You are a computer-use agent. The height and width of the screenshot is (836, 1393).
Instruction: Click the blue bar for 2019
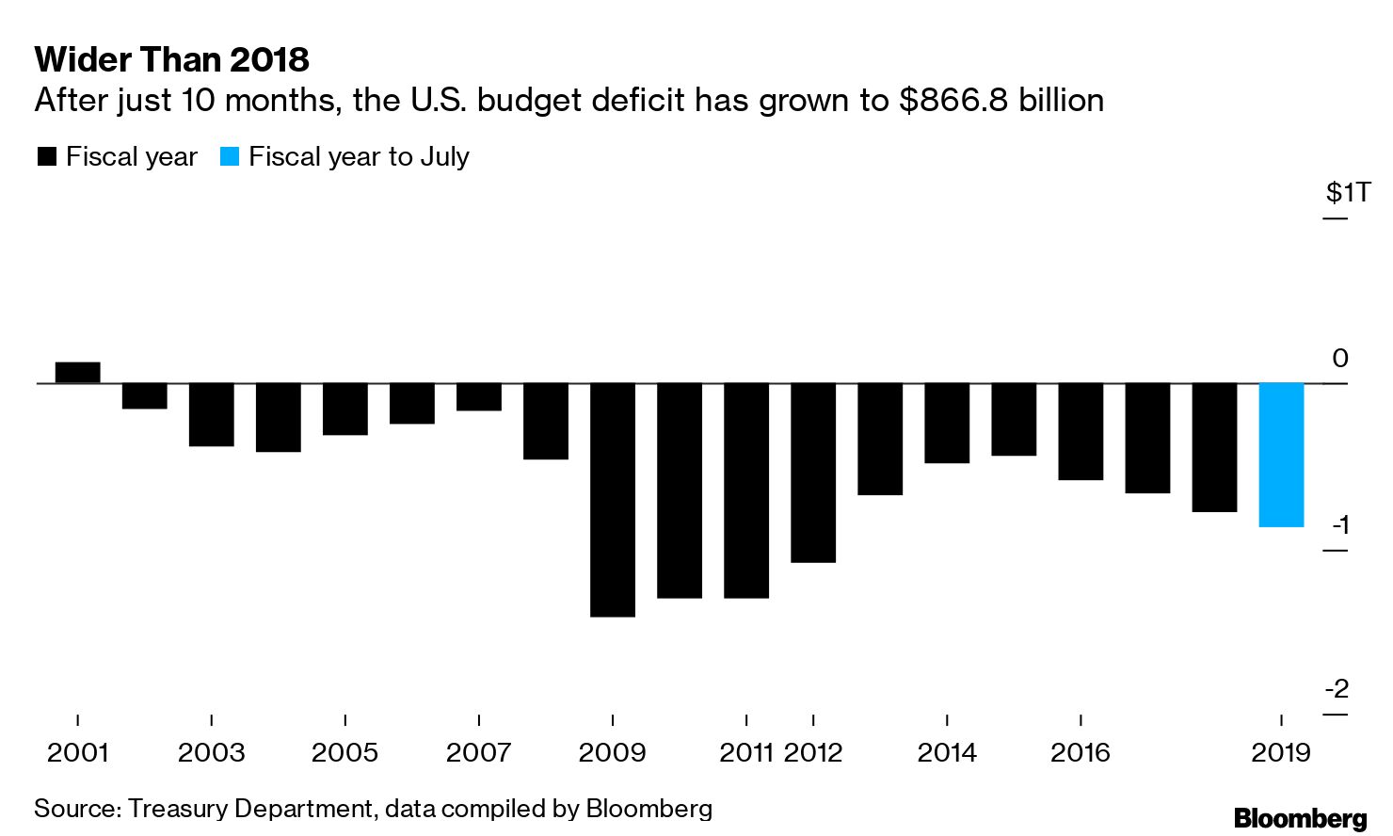1281,455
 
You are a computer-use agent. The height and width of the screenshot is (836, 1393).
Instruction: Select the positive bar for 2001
78,373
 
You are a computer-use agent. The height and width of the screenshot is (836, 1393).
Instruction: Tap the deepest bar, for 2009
613,500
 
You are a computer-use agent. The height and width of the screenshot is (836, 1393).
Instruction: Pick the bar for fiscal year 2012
813,473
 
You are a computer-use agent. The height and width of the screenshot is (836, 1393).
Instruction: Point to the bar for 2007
479,397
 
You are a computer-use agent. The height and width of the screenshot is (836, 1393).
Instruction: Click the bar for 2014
947,423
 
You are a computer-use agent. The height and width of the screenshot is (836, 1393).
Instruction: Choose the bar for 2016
1081,431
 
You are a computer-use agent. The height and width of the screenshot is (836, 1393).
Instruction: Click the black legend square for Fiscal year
47,157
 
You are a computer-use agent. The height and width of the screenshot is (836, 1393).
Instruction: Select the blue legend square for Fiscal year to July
230,157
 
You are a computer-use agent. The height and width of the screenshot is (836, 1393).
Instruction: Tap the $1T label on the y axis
1348,193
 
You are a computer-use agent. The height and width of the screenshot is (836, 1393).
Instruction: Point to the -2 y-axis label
1337,689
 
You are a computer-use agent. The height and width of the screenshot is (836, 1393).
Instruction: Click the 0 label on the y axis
1340,358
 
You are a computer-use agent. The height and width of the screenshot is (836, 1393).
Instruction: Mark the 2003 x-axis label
212,753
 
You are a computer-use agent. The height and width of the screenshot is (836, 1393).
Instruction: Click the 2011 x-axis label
746,753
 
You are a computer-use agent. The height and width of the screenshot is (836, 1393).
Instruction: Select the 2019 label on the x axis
1281,753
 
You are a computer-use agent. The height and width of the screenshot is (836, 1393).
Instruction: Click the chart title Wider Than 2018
172,60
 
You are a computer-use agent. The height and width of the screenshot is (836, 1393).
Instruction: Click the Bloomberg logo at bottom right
1300,817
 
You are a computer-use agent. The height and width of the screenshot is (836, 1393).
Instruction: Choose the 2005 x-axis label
345,753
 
